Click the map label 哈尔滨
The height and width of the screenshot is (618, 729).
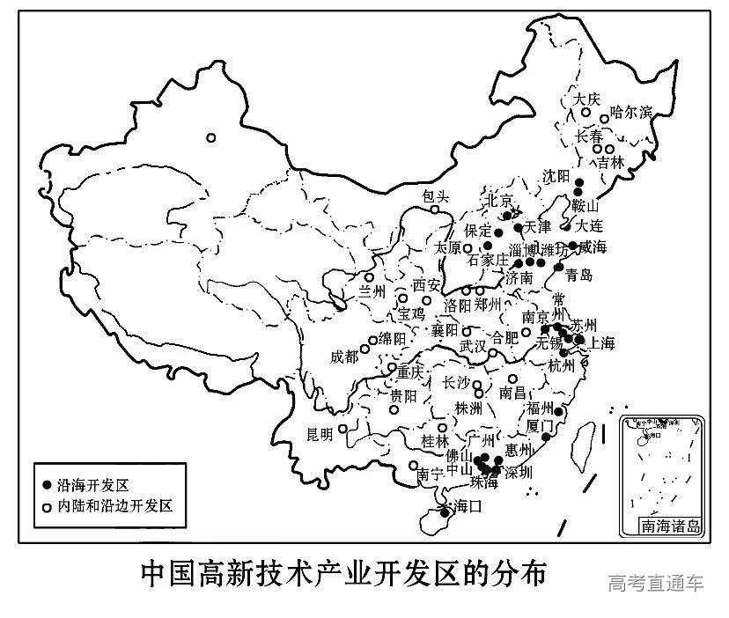point(631,112)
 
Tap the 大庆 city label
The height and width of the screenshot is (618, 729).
point(585,100)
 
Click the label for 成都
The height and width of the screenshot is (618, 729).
point(345,357)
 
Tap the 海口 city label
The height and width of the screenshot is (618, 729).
point(467,507)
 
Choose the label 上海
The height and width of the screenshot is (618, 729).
point(603,342)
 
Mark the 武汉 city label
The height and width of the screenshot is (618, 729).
point(472,346)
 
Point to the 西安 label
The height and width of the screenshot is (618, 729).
point(425,285)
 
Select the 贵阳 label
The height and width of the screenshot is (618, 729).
point(402,395)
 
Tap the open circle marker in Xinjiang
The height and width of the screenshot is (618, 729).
point(210,137)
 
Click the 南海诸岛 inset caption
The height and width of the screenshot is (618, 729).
point(672,527)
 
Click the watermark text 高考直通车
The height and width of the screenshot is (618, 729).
point(656,582)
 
